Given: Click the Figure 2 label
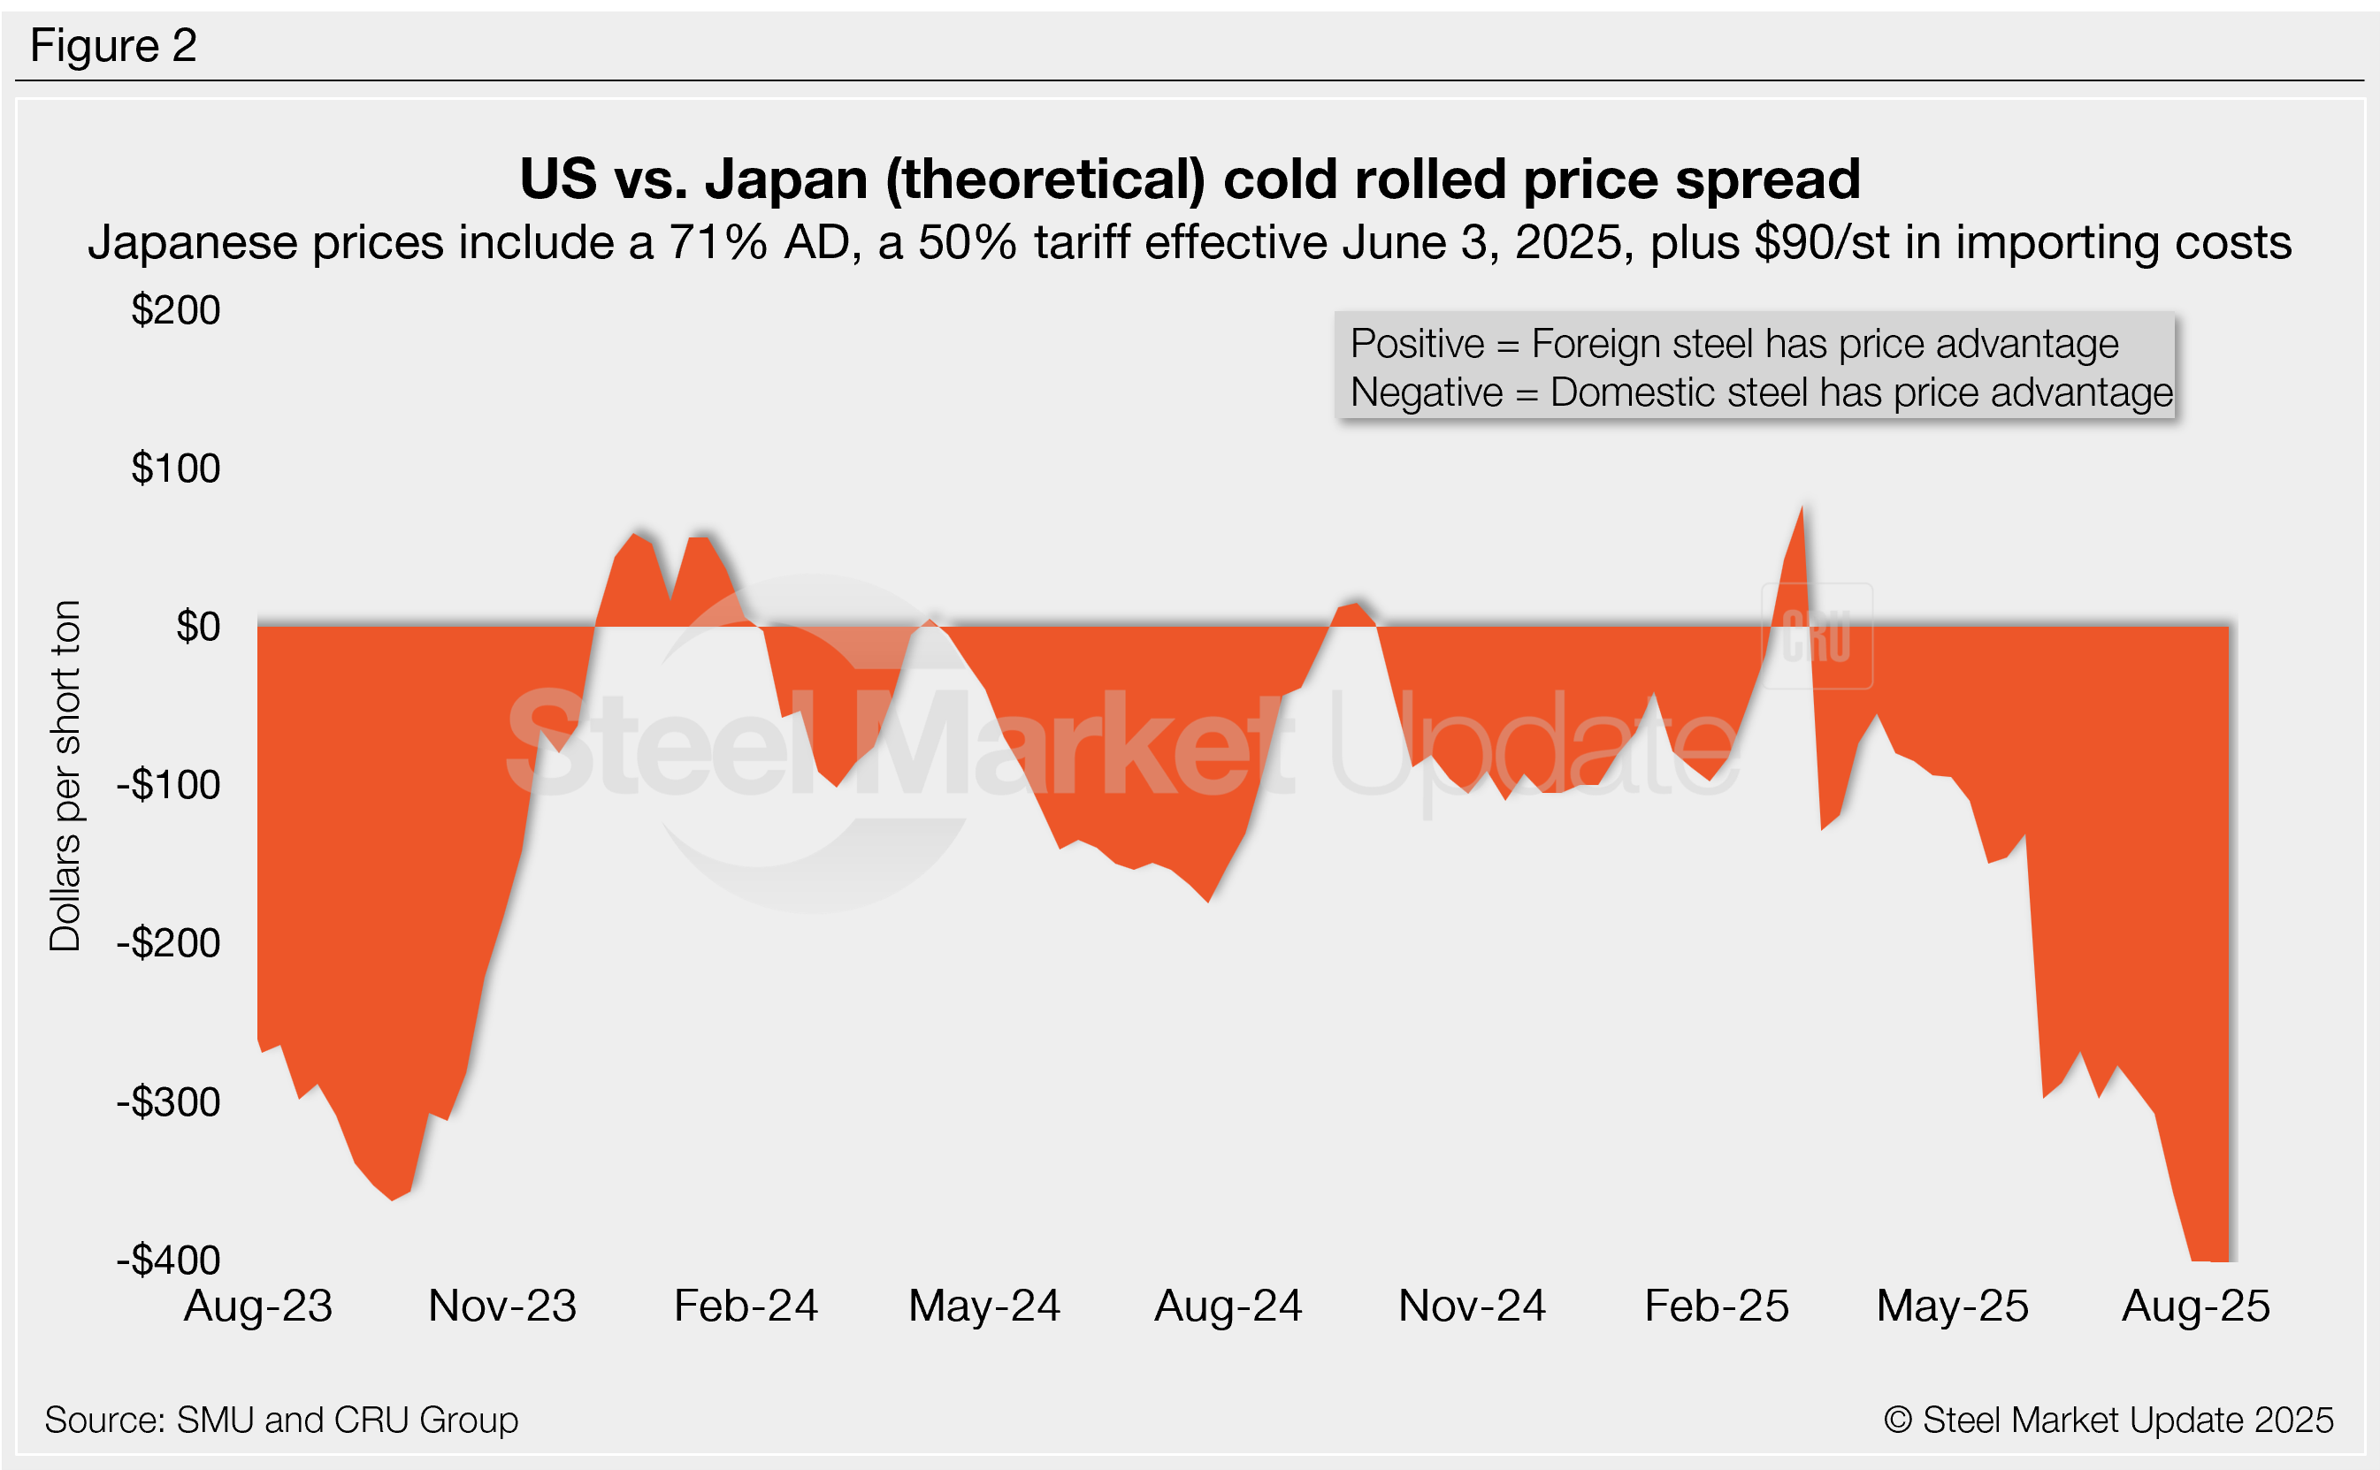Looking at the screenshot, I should [x=114, y=46].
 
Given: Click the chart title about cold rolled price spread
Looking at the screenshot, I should [x=1190, y=179].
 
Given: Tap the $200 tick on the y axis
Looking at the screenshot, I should [x=176, y=310].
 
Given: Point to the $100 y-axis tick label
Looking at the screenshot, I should [x=176, y=468].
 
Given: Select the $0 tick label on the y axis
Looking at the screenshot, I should [x=197, y=627].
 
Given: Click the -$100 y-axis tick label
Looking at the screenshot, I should [x=169, y=785].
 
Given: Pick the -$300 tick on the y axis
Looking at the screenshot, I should [x=169, y=1102].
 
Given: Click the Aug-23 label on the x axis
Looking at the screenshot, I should [x=259, y=1306].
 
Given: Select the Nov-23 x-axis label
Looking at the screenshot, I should [x=501, y=1306].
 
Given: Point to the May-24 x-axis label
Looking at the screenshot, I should [x=984, y=1306].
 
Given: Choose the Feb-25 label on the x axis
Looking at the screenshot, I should [x=1717, y=1306].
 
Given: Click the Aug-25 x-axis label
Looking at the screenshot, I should [x=2196, y=1306].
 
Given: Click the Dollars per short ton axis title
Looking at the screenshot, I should [x=65, y=776].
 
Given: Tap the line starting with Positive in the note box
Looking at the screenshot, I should [x=1734, y=344].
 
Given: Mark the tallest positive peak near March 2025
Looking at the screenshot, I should [x=1802, y=509].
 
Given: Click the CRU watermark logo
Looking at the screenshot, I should [x=1817, y=636].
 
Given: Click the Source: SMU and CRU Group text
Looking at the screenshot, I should [x=282, y=1420].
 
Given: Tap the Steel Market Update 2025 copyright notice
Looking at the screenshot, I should [x=2108, y=1420].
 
